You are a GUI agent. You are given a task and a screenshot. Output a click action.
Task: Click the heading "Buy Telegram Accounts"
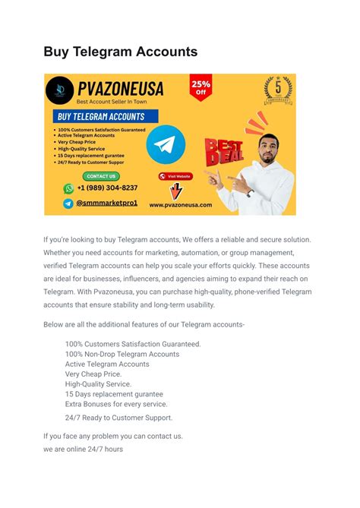120,52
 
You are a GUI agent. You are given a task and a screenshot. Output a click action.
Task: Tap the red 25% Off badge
201,87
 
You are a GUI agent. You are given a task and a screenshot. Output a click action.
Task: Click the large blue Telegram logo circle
166,147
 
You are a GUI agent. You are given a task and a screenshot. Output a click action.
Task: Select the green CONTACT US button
101,176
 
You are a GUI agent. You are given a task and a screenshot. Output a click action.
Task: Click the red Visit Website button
175,176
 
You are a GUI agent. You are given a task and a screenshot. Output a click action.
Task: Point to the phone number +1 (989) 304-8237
107,188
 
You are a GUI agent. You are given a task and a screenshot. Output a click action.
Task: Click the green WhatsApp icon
69,188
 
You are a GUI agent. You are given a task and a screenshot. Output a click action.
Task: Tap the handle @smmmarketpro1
106,204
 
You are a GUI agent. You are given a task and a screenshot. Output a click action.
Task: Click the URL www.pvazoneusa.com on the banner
181,204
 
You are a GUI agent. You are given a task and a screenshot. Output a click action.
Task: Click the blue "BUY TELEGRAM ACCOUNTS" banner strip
102,117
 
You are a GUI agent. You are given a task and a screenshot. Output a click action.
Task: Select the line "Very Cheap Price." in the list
93,374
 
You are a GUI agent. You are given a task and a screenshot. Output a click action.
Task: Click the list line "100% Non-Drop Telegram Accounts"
122,354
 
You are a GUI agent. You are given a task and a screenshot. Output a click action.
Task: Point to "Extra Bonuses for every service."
116,404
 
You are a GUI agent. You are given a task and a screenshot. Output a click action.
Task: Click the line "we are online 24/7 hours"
83,449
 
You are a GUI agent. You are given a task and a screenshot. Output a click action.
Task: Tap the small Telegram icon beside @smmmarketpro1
69,204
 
